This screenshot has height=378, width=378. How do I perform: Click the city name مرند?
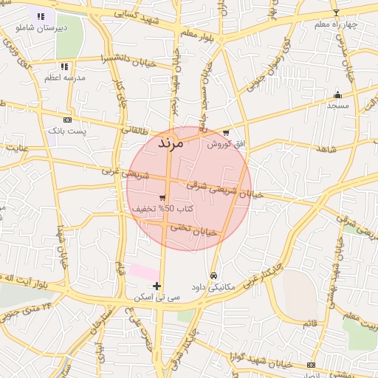[x=170, y=144]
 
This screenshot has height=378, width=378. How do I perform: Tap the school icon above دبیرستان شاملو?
[x=41, y=16]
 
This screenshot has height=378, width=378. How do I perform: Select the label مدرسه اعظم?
[x=65, y=77]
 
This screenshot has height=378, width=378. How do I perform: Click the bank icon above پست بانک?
[x=67, y=119]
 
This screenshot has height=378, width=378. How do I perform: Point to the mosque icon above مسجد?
[x=337, y=94]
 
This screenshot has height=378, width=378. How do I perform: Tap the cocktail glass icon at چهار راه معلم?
[x=337, y=13]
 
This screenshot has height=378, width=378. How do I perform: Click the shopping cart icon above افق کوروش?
[x=226, y=133]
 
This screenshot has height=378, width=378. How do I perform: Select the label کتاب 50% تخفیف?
[x=163, y=209]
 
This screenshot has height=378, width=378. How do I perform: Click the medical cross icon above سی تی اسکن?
[x=157, y=286]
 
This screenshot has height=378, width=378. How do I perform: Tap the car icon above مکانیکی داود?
[x=213, y=275]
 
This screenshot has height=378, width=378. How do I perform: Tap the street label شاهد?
[x=325, y=149]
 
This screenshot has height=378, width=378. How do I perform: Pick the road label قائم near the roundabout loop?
[x=309, y=323]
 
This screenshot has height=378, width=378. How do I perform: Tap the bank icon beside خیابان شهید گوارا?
[x=311, y=365]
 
